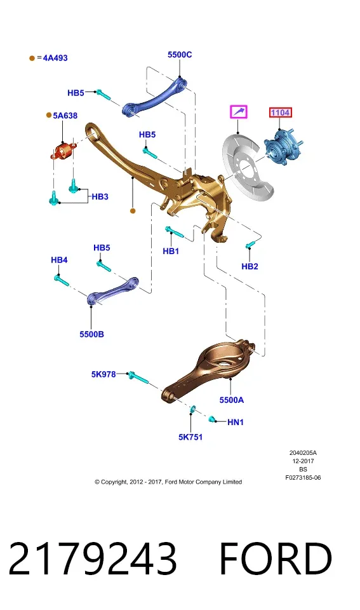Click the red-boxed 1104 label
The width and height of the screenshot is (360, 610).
(x=280, y=113)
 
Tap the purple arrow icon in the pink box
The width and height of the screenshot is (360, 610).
(x=238, y=112)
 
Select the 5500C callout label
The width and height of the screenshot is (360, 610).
(x=180, y=55)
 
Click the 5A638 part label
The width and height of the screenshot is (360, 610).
(x=65, y=116)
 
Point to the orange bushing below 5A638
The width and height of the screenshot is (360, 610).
(x=62, y=151)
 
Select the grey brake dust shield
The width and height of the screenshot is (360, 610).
(x=247, y=166)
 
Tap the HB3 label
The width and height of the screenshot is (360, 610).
(x=100, y=197)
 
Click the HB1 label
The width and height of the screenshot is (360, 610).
(x=171, y=252)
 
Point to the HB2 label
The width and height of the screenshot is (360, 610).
(x=250, y=266)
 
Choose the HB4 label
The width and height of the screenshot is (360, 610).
(x=59, y=260)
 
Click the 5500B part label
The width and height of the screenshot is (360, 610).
(x=92, y=334)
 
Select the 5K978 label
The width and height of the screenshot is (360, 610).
(x=103, y=374)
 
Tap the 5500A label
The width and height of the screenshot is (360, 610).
(x=231, y=400)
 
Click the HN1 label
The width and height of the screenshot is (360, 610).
(x=235, y=422)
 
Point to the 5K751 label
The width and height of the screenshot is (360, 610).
(x=190, y=437)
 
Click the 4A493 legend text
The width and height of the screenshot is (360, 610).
(x=55, y=58)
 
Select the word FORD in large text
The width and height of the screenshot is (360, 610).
(x=276, y=559)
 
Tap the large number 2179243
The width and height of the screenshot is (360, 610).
(x=93, y=559)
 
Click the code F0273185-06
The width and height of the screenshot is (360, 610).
(x=303, y=478)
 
